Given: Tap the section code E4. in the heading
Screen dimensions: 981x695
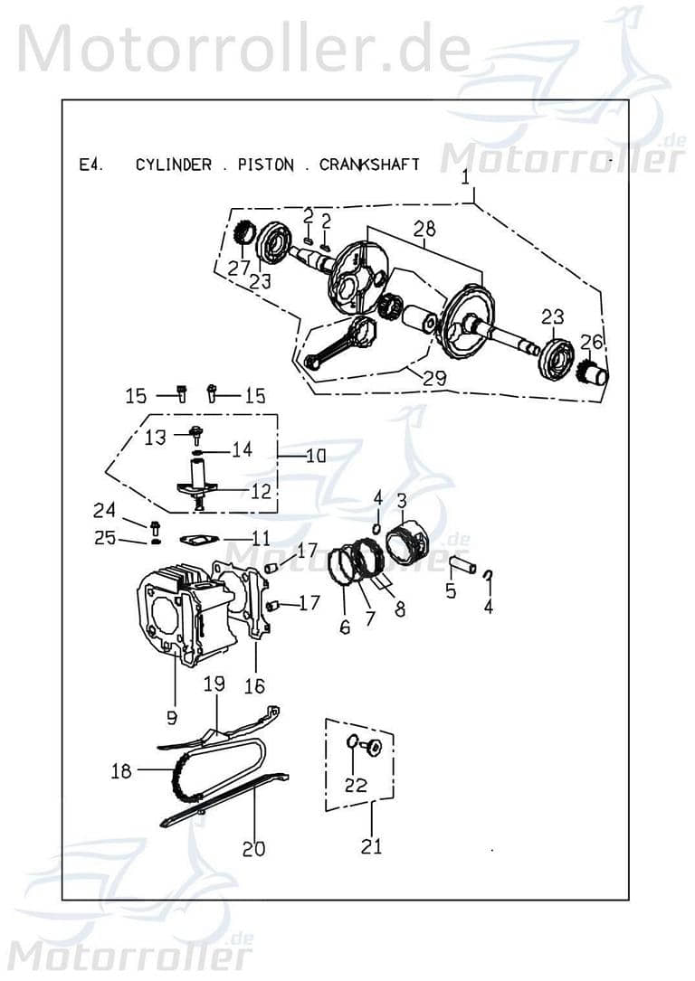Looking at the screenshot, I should click(x=90, y=165).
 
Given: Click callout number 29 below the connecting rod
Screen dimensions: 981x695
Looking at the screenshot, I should click(x=434, y=378).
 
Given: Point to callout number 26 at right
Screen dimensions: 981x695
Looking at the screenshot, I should click(x=592, y=342).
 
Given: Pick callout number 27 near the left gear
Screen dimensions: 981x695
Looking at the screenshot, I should click(x=239, y=268).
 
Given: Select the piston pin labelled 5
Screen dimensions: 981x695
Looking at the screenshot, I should click(x=463, y=567).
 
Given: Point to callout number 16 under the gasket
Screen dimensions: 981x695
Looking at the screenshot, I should click(x=255, y=687).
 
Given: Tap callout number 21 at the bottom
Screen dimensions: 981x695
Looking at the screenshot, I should click(x=371, y=846).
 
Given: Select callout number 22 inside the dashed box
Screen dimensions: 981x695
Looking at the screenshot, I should click(x=356, y=785).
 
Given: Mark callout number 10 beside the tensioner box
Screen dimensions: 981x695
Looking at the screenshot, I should click(x=315, y=456).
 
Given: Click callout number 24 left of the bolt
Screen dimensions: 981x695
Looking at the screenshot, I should click(x=105, y=510).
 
